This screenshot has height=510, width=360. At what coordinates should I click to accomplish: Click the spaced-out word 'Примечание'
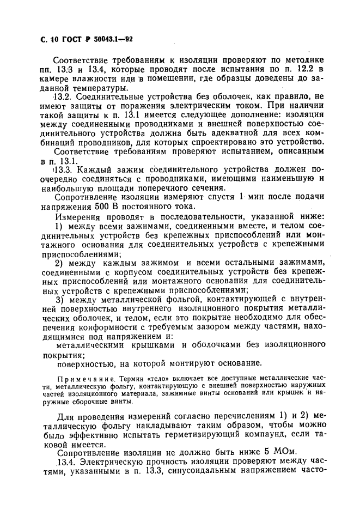pos(81,378)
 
